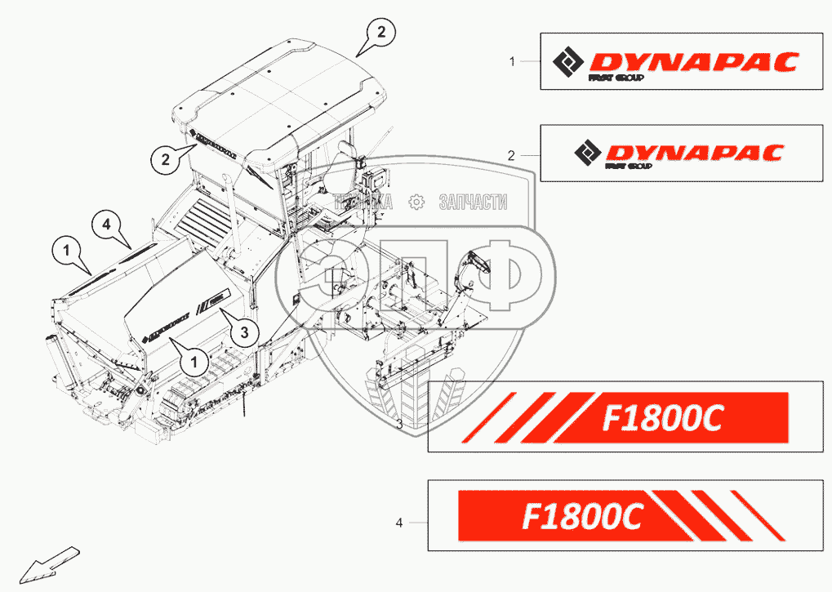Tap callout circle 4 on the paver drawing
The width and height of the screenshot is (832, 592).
pos(105,223)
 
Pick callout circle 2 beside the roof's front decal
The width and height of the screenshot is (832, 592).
pos(164,160)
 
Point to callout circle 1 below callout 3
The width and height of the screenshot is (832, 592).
pos(194,360)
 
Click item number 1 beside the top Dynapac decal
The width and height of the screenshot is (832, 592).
pos(512,61)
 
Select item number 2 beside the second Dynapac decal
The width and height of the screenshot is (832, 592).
pos(512,154)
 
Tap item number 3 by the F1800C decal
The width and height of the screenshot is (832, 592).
pos(399,425)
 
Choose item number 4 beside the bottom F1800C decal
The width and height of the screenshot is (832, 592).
pos(399,523)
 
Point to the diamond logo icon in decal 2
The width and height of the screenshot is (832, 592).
pos(587,153)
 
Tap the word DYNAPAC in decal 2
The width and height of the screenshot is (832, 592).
pos(692,153)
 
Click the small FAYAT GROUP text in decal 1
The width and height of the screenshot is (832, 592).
pos(616,78)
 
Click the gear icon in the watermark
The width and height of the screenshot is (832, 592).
pos(416,202)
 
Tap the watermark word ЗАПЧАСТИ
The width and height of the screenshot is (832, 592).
pos(474,202)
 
